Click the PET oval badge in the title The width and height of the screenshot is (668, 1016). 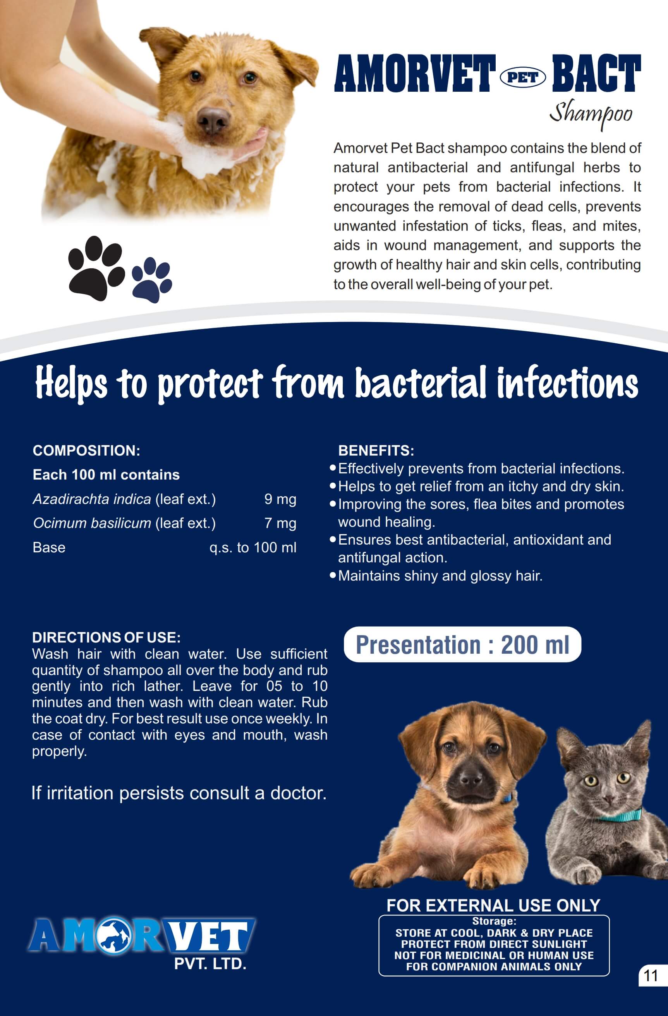click(523, 78)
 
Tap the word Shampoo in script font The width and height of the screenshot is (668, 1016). click(591, 114)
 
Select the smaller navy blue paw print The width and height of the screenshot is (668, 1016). click(152, 279)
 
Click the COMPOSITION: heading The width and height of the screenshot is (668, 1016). click(86, 451)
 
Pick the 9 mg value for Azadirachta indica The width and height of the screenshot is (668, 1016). click(280, 499)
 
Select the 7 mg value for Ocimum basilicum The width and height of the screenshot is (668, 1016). click(280, 523)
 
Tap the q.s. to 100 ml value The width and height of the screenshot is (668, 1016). click(253, 547)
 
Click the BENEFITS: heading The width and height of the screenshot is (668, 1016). click(376, 451)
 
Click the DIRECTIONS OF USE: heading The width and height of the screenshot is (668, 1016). click(106, 638)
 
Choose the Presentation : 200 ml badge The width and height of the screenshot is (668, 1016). click(462, 644)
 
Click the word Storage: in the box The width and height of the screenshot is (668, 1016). click(494, 921)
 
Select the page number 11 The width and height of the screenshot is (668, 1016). click(650, 976)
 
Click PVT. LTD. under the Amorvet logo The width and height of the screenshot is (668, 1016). click(210, 964)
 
